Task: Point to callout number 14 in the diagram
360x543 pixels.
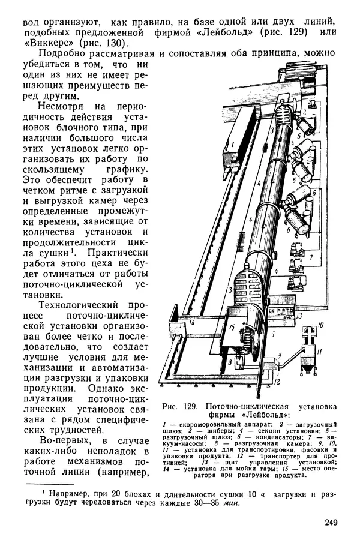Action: click(x=192, y=323)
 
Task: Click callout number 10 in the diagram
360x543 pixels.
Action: click(x=320, y=325)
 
